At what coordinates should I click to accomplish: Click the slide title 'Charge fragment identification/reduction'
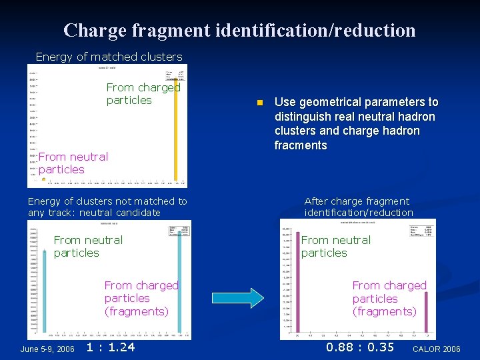coord(239,30)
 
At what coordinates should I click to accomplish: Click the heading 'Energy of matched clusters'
coord(109,57)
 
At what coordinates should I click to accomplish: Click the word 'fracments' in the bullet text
coord(301,145)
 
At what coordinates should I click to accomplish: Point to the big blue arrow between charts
coord(237,298)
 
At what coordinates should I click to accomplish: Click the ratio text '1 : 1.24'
coord(111,347)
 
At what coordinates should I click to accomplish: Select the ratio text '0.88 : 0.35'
coord(360,347)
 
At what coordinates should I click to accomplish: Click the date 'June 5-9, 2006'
coord(47,349)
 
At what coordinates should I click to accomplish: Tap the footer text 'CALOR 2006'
coord(437,349)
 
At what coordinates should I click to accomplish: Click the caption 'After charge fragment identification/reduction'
coord(359,207)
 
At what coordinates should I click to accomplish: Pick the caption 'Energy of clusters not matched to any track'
coord(107,207)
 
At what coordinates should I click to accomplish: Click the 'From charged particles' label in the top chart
coord(143,93)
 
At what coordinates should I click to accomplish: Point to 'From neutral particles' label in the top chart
coord(73,163)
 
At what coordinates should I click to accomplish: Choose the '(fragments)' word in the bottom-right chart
coord(384,311)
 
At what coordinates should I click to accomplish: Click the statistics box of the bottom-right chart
coord(421,230)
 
